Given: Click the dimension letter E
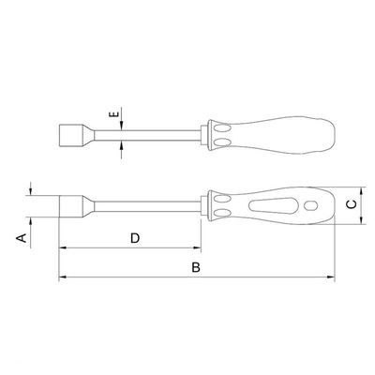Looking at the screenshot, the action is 114,114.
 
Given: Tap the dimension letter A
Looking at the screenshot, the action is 22,238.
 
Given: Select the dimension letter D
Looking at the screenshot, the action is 135,238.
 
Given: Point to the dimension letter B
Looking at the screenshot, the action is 196,267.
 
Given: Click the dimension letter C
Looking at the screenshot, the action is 352,204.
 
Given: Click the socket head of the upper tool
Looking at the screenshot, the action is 70,135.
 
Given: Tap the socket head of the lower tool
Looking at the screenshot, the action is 71,206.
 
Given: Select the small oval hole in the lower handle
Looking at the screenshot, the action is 310,205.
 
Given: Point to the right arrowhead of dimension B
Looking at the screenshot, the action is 331,277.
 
